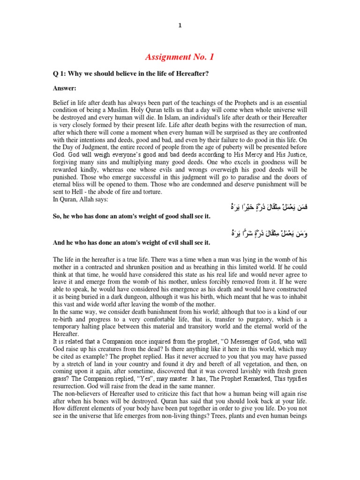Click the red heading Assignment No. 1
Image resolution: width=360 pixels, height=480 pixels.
[180, 57]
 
